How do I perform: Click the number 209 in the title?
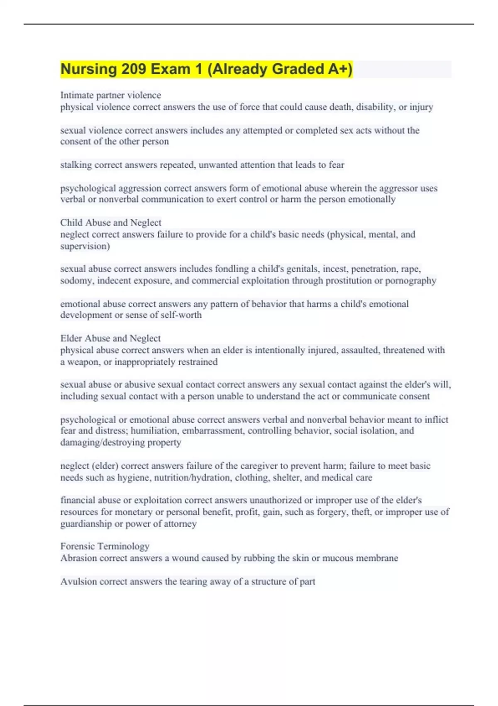pyautogui.click(x=134, y=69)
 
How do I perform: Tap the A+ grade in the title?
pyautogui.click(x=339, y=69)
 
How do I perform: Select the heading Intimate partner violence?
pyautogui.click(x=110, y=95)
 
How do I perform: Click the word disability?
pyautogui.click(x=375, y=107)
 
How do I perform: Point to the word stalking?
pyautogui.click(x=76, y=165)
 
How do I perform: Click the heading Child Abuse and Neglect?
pyautogui.click(x=110, y=223)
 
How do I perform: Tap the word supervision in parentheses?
pyautogui.click(x=85, y=246)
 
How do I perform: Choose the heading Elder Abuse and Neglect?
pyautogui.click(x=110, y=338)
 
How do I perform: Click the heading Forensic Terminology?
pyautogui.click(x=105, y=546)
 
